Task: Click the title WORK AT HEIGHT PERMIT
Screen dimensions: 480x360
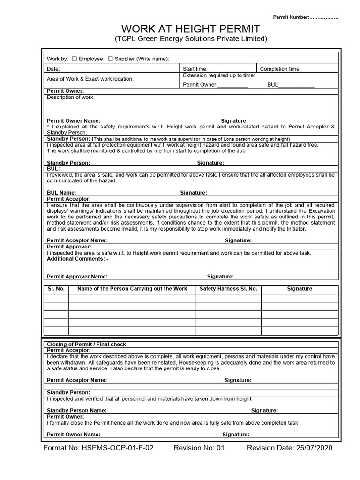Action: [x=191, y=28]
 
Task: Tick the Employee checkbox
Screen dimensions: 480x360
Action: [x=75, y=59]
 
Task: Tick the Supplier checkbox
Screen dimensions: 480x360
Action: [x=111, y=59]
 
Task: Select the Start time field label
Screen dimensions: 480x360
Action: [x=195, y=69]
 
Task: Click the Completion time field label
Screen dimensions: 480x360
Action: [x=280, y=69]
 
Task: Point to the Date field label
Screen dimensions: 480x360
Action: [x=53, y=69]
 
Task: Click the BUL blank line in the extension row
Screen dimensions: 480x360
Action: [x=296, y=85]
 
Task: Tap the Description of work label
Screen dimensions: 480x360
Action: [x=71, y=97]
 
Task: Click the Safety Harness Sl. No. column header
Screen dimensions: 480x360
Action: [x=228, y=289]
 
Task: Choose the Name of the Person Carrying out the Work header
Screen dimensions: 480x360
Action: [x=132, y=289]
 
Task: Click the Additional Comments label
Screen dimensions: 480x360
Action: [x=76, y=259]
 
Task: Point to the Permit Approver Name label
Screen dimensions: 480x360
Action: [x=77, y=277]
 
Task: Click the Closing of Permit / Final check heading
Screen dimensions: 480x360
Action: [x=86, y=344]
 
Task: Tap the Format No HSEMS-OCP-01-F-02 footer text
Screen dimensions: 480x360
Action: [x=98, y=448]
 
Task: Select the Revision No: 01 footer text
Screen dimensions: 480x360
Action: [x=199, y=448]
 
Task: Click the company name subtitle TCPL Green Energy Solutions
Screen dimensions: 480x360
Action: [x=191, y=39]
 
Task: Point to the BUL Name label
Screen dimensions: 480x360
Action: [x=61, y=193]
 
